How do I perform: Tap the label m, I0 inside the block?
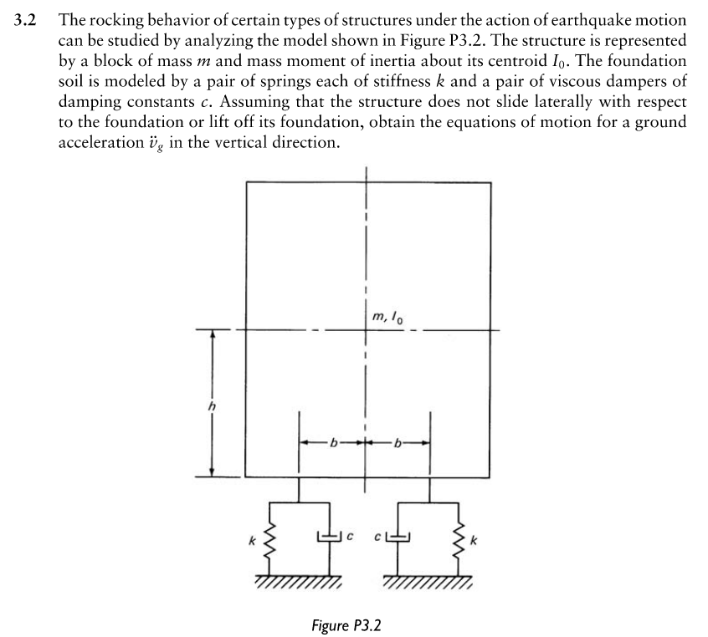point(391,317)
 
